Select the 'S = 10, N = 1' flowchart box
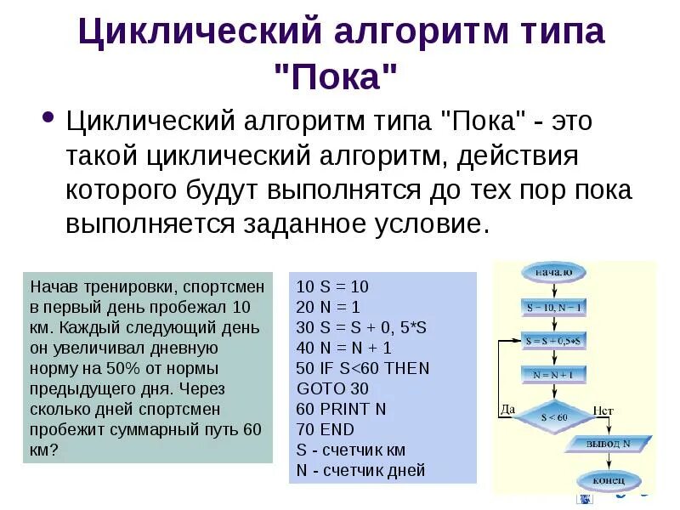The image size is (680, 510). pos(553,306)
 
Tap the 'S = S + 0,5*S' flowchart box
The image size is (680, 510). pos(553,341)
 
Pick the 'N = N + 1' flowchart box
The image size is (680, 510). pos(553,374)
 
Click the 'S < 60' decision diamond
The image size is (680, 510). pos(554,416)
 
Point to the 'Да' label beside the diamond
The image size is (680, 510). pos(508,410)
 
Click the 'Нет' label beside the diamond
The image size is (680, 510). pos(603,411)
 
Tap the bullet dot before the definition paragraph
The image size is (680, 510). pos(48,116)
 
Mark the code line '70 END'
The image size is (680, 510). pos(326,428)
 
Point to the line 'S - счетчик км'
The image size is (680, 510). pos(351,450)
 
